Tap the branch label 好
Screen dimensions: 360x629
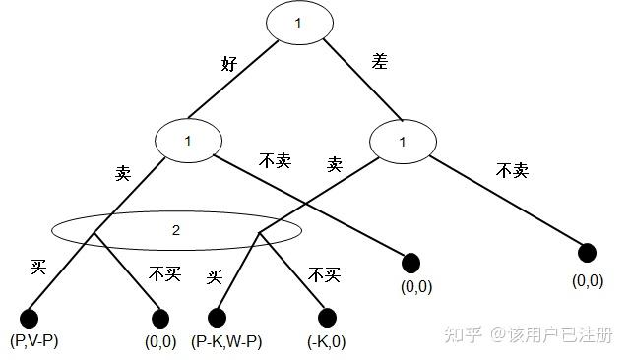pos(230,65)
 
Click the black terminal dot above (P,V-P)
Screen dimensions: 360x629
pos(29,318)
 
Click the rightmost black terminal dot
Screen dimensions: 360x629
pos(587,254)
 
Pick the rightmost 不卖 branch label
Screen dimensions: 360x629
pos(512,171)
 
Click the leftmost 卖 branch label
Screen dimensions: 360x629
pos(123,173)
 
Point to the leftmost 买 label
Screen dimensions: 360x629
pos(38,266)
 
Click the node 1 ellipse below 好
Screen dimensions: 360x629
pos(188,142)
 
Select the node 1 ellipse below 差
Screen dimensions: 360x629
pos(402,142)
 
